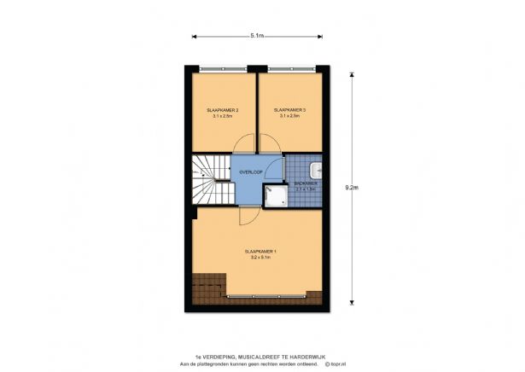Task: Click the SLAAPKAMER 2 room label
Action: [222, 110]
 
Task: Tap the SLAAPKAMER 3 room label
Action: [289, 110]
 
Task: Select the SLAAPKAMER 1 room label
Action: [260, 251]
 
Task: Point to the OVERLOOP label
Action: [251, 171]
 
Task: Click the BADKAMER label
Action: [306, 183]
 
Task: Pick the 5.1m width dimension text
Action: [256, 36]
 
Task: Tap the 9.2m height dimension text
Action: [351, 188]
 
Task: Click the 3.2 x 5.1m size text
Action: [260, 258]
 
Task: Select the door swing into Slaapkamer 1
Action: [249, 215]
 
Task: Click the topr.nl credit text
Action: [330, 364]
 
